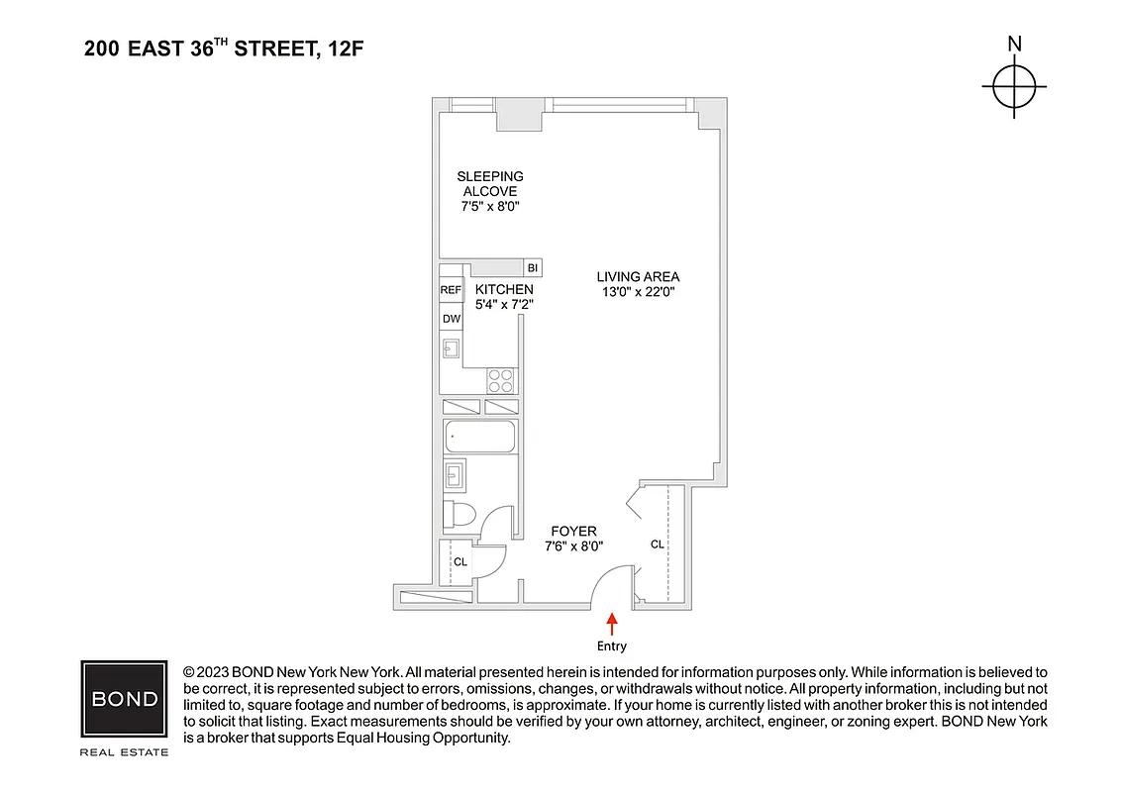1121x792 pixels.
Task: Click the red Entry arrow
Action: pos(612,623)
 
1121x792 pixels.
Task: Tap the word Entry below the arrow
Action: pos(612,646)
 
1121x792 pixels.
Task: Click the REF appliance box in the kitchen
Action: pos(451,290)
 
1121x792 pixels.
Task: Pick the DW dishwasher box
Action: pos(451,318)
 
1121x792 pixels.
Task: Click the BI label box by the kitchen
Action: pos(532,268)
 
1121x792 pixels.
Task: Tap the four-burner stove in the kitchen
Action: pos(500,379)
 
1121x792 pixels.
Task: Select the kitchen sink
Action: pos(451,348)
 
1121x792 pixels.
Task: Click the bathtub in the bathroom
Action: pos(480,436)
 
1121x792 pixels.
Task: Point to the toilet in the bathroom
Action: pos(459,513)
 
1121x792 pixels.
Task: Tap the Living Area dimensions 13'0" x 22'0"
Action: pos(638,292)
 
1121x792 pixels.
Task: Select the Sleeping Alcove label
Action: pos(490,183)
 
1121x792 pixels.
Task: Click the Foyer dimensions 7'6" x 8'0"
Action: pos(573,545)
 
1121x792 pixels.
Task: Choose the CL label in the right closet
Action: pos(657,544)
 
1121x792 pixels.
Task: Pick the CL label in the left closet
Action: pos(459,562)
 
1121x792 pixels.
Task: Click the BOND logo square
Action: pos(124,699)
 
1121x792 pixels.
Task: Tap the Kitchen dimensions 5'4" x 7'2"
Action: pos(504,305)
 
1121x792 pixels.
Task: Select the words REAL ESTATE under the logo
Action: pos(124,751)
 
